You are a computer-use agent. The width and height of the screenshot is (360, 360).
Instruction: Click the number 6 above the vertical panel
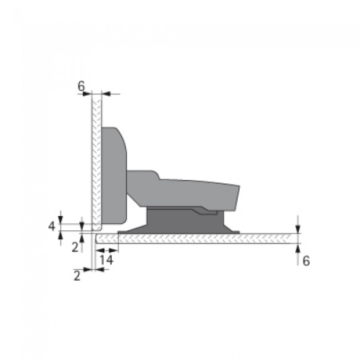[x=81, y=86]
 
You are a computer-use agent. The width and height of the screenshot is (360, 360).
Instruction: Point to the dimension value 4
[x=52, y=226]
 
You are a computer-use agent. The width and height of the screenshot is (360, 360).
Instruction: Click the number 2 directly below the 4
[x=74, y=247]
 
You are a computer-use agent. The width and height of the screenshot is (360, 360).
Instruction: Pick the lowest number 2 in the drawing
[x=78, y=274]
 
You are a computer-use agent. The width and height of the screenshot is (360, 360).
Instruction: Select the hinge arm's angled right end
[x=236, y=197]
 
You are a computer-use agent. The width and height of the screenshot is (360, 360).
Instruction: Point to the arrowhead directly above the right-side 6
[x=299, y=249]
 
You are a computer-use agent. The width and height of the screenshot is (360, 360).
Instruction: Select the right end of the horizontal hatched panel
[x=299, y=238]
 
